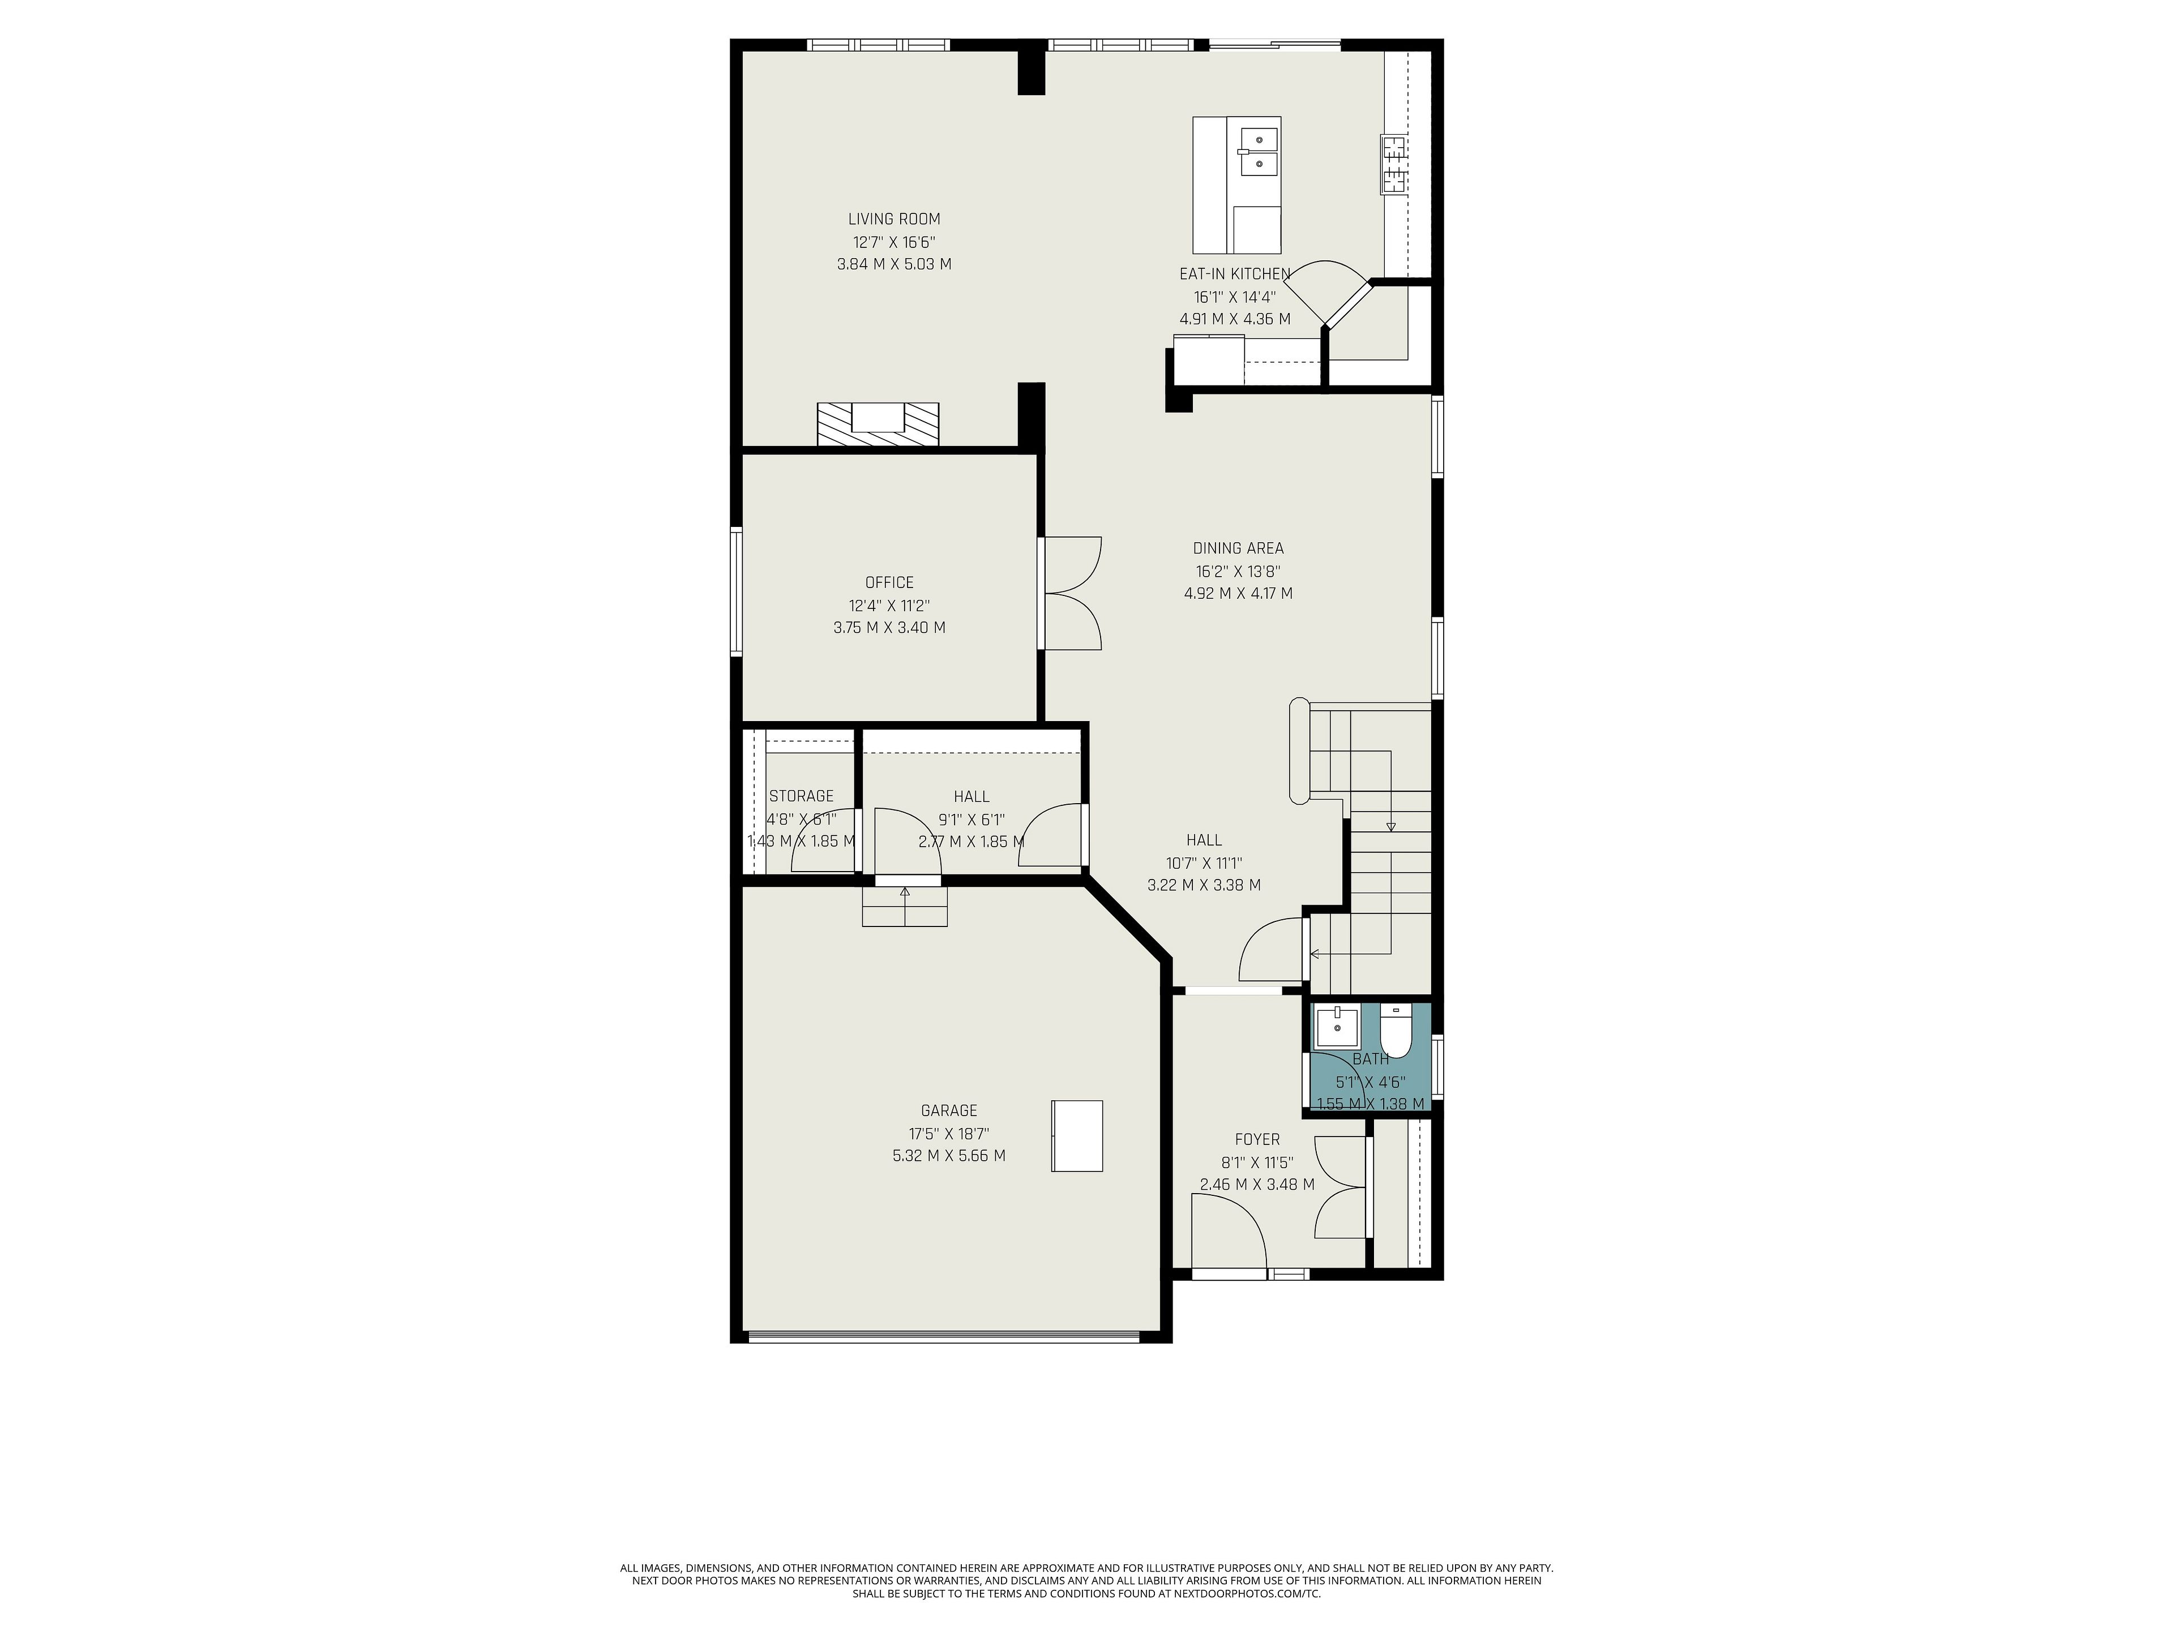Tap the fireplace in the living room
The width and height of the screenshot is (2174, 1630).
pyautogui.click(x=878, y=424)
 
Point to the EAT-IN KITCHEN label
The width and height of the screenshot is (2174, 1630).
pyautogui.click(x=1234, y=274)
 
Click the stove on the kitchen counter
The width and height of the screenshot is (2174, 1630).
pyautogui.click(x=1394, y=164)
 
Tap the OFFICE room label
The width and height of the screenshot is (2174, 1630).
pyautogui.click(x=889, y=582)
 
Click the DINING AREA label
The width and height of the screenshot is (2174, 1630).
pyautogui.click(x=1238, y=548)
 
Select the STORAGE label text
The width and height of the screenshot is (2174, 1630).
pyautogui.click(x=801, y=796)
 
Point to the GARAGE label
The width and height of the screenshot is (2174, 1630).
pyautogui.click(x=949, y=1110)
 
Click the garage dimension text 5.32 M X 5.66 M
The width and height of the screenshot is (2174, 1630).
pyautogui.click(x=949, y=1156)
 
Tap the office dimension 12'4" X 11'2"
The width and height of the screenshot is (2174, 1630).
pyautogui.click(x=889, y=605)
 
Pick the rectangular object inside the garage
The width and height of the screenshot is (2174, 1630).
pyautogui.click(x=1077, y=1136)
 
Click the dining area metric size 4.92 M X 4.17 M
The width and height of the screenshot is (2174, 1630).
pyautogui.click(x=1238, y=594)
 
